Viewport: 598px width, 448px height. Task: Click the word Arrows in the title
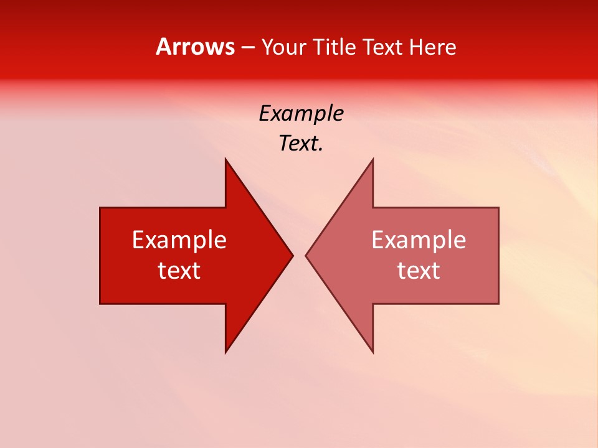coord(195,47)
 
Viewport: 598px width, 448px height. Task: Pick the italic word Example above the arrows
coord(301,114)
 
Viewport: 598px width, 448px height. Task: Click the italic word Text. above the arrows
coord(301,144)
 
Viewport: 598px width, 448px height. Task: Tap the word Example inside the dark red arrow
coord(179,240)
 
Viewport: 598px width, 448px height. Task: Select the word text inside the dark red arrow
coord(179,271)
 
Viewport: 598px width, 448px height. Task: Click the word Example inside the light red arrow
coord(419,240)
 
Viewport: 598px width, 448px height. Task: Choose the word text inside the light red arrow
coord(419,271)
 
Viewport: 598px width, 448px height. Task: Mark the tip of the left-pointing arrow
coord(307,255)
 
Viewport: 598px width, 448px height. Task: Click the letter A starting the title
coord(163,47)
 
